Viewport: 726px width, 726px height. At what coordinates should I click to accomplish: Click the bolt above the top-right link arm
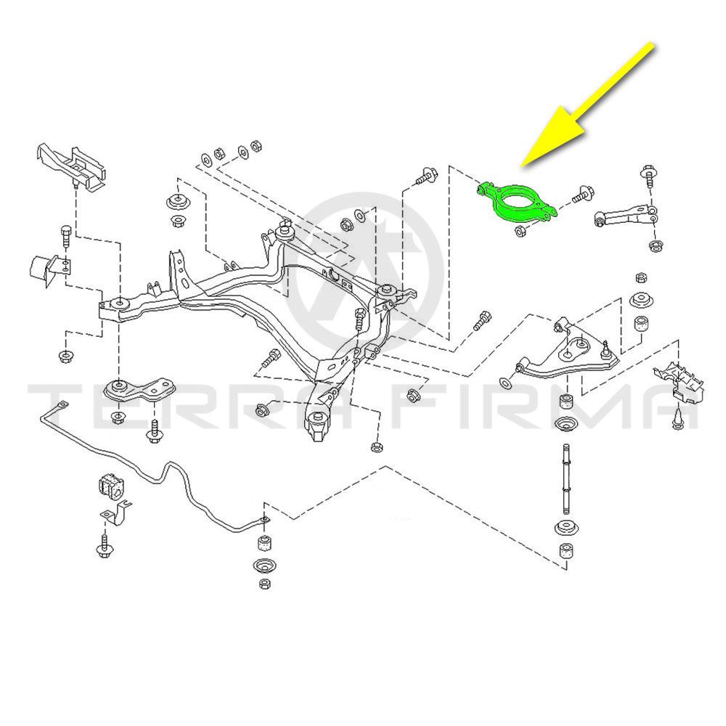pyautogui.click(x=649, y=175)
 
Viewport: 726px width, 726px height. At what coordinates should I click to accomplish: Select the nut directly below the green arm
pyautogui.click(x=520, y=232)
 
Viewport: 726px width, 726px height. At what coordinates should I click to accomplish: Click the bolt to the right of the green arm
pyautogui.click(x=581, y=195)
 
